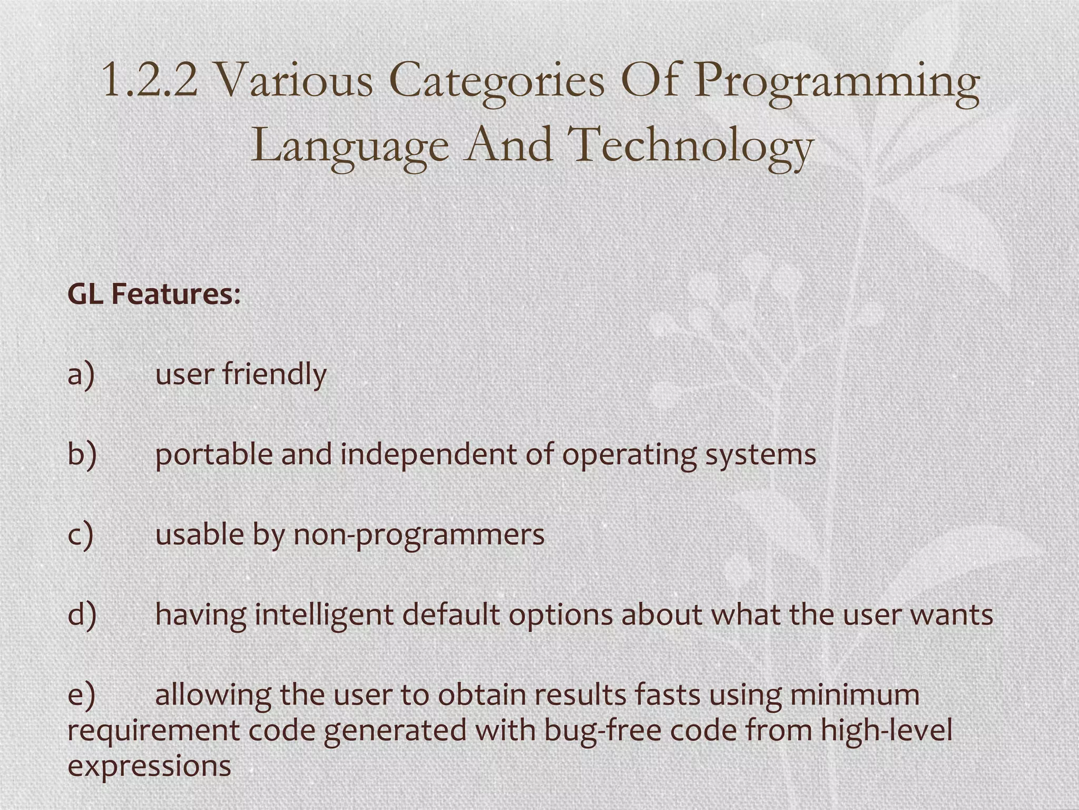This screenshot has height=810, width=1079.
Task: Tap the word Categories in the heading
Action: click(x=497, y=81)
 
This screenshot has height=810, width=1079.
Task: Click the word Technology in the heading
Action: click(x=690, y=145)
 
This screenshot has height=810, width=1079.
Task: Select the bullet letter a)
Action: click(x=81, y=374)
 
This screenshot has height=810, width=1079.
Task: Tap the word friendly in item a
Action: click(x=274, y=374)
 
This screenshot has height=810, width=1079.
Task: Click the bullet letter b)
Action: click(x=82, y=454)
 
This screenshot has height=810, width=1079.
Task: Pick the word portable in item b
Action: click(x=213, y=455)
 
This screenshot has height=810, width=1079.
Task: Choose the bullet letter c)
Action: click(x=81, y=534)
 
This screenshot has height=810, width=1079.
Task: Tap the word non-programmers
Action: click(x=418, y=535)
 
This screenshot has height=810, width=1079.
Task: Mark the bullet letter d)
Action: click(x=82, y=614)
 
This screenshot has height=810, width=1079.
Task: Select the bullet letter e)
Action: click(x=81, y=695)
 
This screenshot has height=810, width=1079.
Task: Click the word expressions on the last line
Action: click(x=149, y=766)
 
